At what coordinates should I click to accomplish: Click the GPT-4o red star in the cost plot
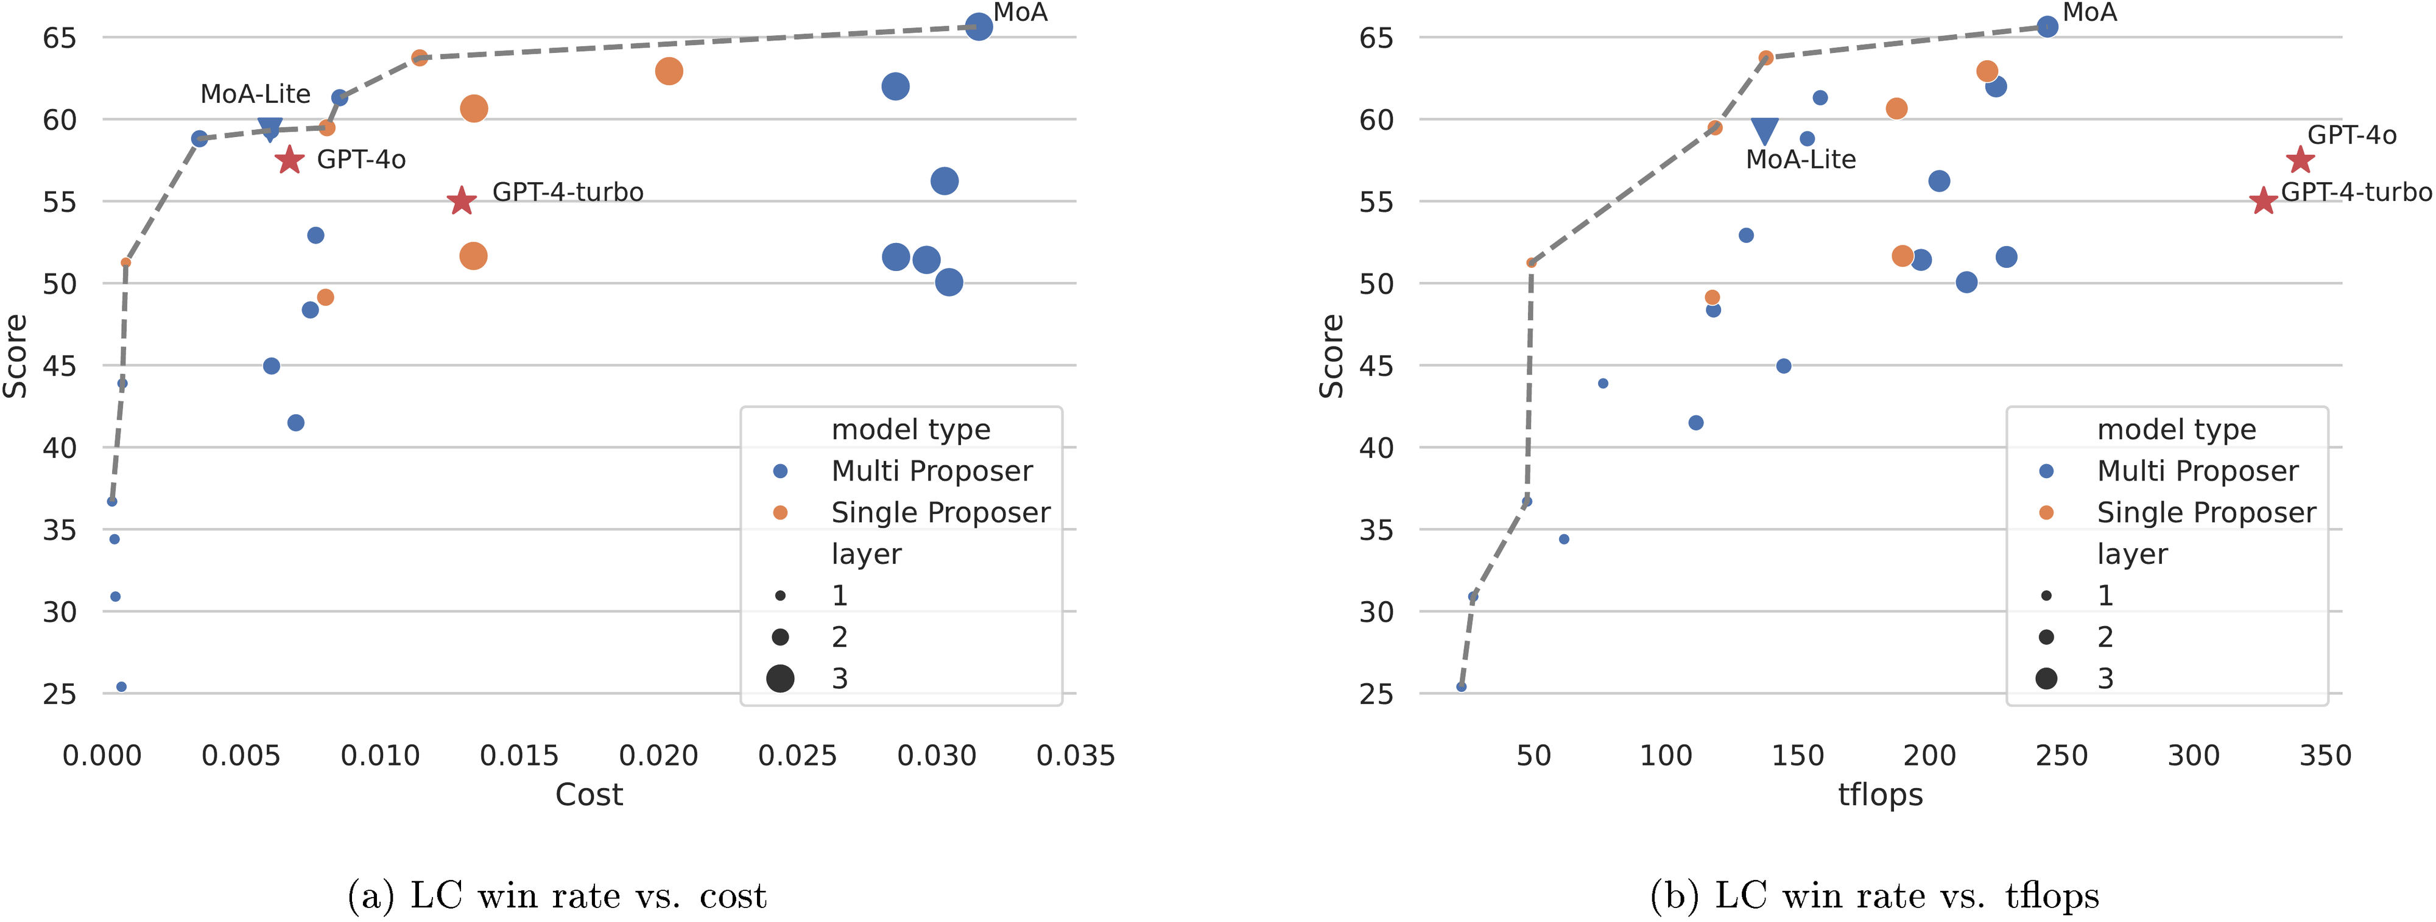289,160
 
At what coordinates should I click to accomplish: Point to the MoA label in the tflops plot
2090,12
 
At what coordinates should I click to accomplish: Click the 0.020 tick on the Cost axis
658,756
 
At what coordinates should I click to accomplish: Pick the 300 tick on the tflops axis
2193,756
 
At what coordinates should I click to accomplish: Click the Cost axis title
588,794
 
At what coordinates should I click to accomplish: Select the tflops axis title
1880,794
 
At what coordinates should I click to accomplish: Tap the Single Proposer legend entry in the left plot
939,513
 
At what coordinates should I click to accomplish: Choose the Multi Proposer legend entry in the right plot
2197,471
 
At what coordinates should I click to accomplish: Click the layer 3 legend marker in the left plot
780,678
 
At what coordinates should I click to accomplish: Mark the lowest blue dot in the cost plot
121,686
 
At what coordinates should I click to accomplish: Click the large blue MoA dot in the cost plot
979,26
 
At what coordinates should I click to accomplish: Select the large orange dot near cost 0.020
669,71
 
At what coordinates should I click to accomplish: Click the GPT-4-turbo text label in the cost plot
568,192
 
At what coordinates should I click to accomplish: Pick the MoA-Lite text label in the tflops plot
1801,159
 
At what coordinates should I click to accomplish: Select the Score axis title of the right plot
1331,356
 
